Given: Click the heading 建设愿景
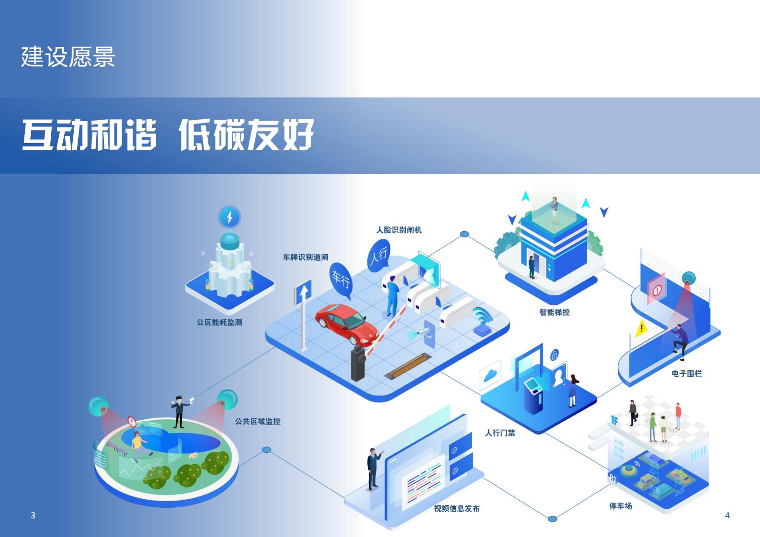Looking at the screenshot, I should coord(68,57).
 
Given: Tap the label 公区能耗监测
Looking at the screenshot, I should coord(219,322).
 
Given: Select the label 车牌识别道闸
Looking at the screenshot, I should coord(306,257).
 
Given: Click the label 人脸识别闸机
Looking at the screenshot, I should coord(399,230).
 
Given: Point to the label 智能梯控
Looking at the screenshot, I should coord(555,312).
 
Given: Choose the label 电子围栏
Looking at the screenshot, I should coord(687,373).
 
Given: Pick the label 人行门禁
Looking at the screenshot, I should coord(500,433).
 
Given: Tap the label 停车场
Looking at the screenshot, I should coord(621,506).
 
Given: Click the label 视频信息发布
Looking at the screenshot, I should coord(457,508).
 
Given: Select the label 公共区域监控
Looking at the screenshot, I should coord(258,421).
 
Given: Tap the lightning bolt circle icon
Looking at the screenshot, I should coord(229,217).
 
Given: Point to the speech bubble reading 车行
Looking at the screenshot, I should coord(341,278).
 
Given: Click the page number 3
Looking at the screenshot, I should coord(33,515).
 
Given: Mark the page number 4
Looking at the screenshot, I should coord(727,515).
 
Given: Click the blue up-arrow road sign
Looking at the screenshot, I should coord(303,292).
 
